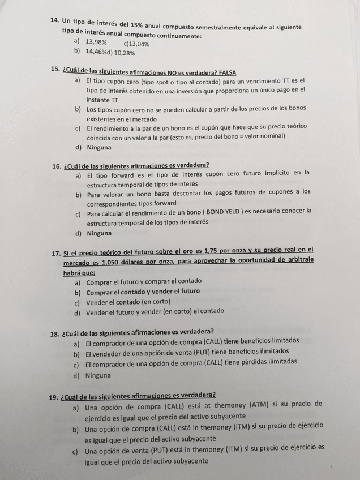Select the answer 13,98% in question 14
click(x=96, y=42)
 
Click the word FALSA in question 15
click(x=225, y=72)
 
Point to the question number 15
click(x=55, y=69)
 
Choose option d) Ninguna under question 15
click(x=99, y=148)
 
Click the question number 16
click(x=57, y=166)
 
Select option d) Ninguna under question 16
click(x=99, y=233)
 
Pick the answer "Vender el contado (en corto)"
click(x=128, y=302)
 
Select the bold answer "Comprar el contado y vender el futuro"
click(x=143, y=292)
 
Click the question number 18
click(x=55, y=332)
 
